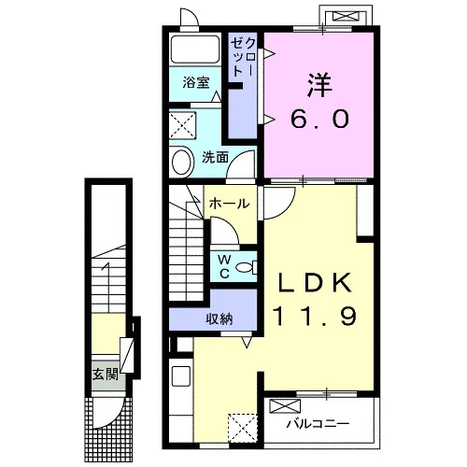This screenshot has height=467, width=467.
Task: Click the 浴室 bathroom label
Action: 196,82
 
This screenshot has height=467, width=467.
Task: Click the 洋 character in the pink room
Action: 319,84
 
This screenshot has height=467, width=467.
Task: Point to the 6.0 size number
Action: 319,119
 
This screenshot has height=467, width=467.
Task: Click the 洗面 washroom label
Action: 215,158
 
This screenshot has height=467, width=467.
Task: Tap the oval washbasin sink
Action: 184,162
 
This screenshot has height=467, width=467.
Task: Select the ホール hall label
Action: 230,204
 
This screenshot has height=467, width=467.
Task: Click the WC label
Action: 224,266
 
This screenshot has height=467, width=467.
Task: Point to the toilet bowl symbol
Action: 247,267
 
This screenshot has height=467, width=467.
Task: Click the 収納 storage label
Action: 219,318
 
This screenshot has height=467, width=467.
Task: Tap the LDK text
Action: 315,282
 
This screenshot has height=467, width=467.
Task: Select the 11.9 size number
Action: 315,316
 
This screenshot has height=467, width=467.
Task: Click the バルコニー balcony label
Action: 318,423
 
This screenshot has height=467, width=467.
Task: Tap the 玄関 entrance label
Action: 106,375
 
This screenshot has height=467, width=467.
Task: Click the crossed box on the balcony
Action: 285,406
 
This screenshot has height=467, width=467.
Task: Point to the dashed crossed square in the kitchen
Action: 243,428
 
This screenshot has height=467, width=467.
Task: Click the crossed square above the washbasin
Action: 183,125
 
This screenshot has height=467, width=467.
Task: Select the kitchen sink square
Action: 181,376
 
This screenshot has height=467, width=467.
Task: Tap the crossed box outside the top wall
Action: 346,16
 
